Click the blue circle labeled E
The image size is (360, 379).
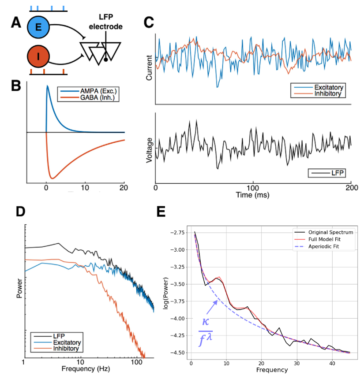point(38,27)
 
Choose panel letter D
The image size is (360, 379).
point(20,212)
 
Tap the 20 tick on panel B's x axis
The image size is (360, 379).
point(124,186)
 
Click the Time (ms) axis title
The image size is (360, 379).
point(253,194)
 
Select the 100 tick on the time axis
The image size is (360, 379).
point(253,187)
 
